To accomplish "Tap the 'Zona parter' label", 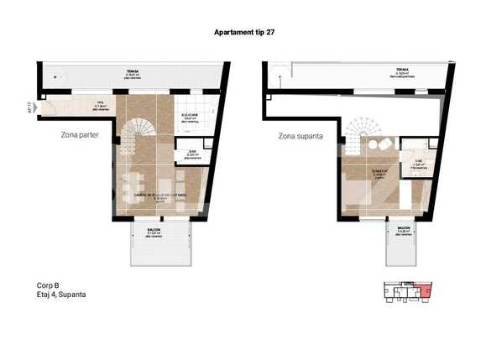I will coord(81,134).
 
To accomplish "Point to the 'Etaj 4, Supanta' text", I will coord(55,295).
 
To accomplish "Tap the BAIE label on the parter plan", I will coord(192,153).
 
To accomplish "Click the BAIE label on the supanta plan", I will coord(419,163).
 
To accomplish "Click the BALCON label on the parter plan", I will coord(154,231).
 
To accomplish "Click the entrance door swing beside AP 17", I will coord(47,107).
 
